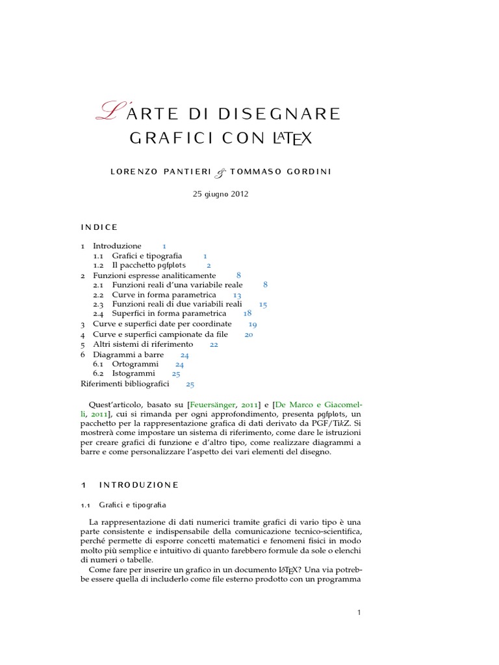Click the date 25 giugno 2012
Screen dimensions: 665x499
tap(220, 194)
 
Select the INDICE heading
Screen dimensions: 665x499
tap(99, 227)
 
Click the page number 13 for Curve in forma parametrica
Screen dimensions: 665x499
tap(237, 295)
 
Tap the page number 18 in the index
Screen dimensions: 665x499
tap(248, 313)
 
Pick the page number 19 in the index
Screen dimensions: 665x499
tap(253, 324)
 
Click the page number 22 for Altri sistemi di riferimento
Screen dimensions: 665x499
tap(214, 344)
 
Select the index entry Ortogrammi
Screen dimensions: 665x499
tap(135, 364)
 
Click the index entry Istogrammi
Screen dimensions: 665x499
tap(134, 374)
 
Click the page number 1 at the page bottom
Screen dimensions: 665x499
tap(359, 612)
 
